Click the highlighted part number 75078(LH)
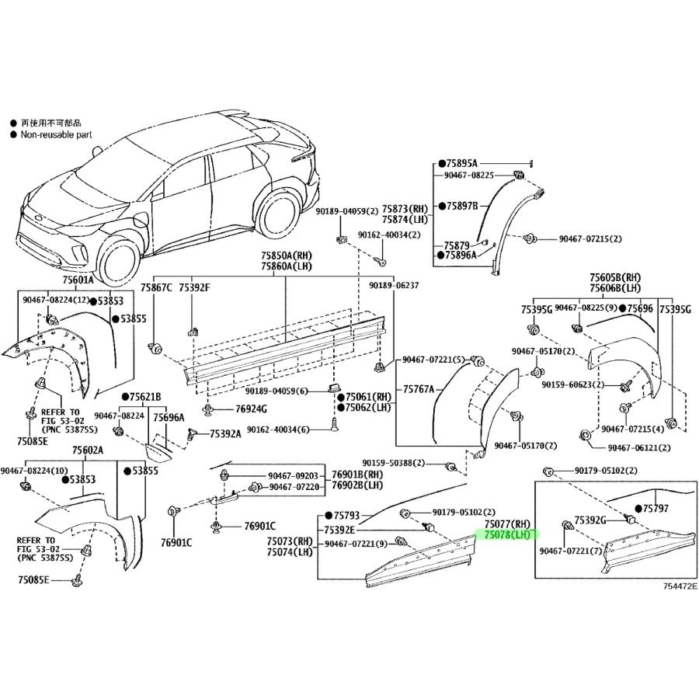pyautogui.click(x=507, y=535)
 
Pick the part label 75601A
pyautogui.click(x=77, y=280)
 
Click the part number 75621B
pyautogui.click(x=145, y=396)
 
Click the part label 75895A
pyautogui.click(x=461, y=163)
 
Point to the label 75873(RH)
pyautogui.click(x=409, y=210)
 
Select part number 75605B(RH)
pyautogui.click(x=614, y=277)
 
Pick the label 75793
pyautogui.click(x=347, y=516)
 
